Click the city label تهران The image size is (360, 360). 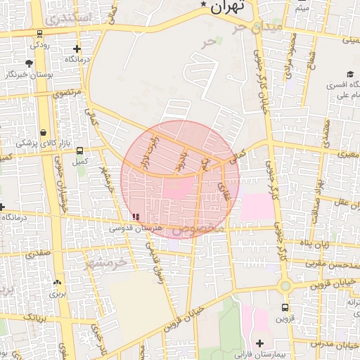230,7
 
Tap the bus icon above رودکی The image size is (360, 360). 39,33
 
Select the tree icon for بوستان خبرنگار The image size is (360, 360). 29,64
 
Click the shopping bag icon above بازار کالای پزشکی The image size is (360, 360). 44,132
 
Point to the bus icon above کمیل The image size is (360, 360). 79,150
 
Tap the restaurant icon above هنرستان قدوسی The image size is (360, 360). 136,217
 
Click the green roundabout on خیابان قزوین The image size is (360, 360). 285,286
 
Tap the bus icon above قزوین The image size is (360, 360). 285,307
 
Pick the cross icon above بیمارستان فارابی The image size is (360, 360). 260,342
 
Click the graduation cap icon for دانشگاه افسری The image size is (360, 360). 349,75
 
